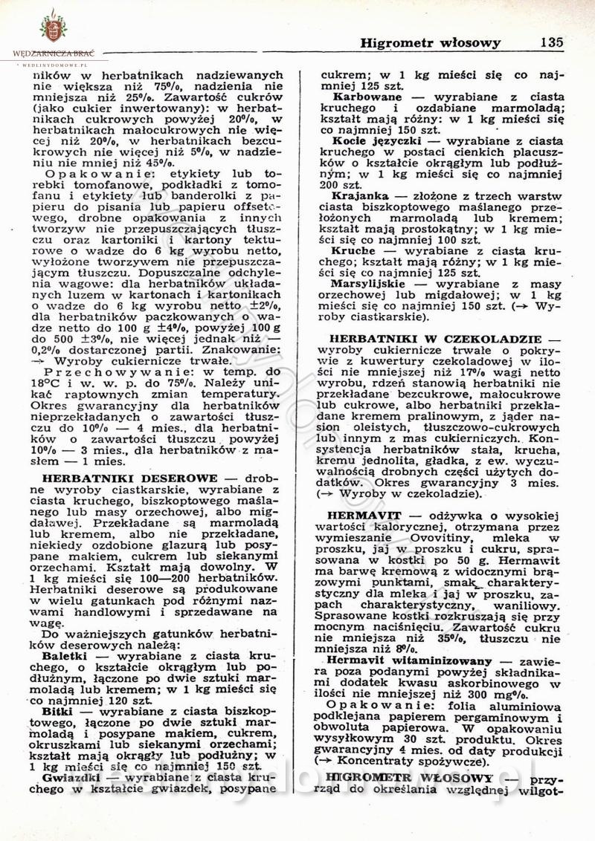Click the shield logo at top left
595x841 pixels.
click(53, 28)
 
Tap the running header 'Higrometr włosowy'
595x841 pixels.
click(430, 43)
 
